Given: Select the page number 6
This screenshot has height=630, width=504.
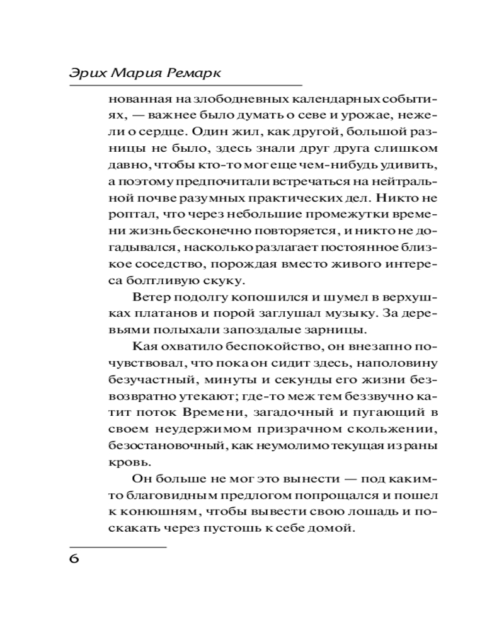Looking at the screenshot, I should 74,560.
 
